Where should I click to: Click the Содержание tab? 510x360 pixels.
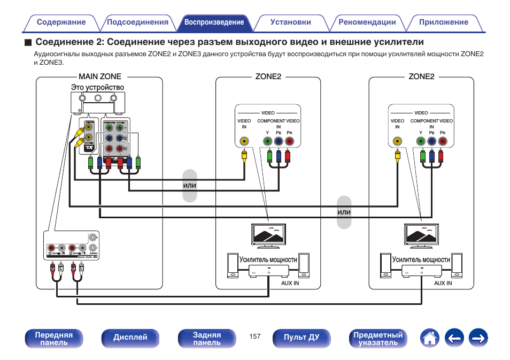(61, 22)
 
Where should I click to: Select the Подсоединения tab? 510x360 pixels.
(137, 22)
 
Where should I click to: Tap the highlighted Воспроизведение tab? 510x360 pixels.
(214, 22)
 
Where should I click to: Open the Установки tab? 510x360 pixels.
(290, 22)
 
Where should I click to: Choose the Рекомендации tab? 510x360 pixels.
(367, 22)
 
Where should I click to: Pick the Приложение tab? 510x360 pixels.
(443, 22)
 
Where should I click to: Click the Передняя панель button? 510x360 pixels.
(53, 338)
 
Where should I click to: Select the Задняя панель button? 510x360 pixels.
(206, 338)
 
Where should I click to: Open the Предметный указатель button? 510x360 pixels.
(378, 338)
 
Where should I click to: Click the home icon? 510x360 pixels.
(430, 338)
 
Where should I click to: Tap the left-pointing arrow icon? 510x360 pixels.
(454, 338)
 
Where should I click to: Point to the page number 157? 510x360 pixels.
(254, 336)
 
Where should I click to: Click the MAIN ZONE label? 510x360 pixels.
(100, 76)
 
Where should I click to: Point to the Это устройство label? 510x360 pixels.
(97, 87)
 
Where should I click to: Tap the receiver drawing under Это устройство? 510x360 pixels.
(98, 103)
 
